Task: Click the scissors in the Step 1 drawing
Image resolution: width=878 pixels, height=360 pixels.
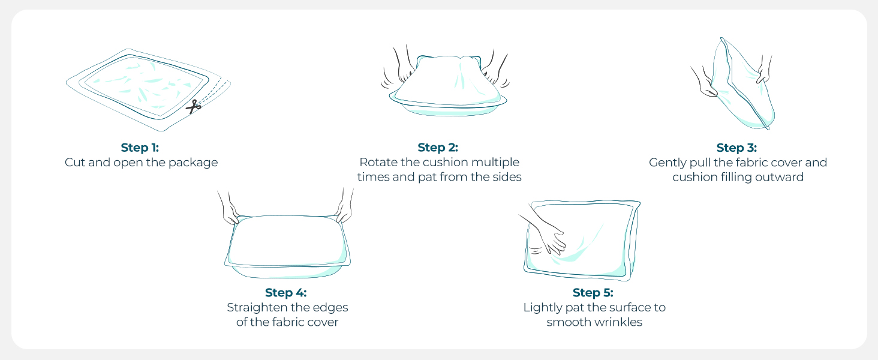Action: coord(193,106)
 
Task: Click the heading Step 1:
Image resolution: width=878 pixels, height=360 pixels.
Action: coord(140,148)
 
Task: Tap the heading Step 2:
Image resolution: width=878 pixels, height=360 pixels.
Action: coord(438,148)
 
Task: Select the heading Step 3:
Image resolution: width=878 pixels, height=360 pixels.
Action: coord(736,148)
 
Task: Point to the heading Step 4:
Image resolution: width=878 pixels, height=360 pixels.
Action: coord(285,293)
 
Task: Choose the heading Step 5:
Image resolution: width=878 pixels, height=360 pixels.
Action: coord(593,293)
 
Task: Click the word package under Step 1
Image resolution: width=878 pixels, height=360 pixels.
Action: coord(193,163)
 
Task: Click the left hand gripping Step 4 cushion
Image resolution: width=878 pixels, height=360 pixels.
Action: coord(230,210)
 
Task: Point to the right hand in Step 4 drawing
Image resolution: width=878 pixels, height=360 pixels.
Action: coord(344,208)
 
